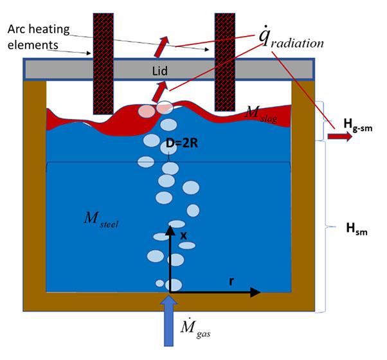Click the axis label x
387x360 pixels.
(x=183, y=235)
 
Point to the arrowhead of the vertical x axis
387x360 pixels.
(x=170, y=230)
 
